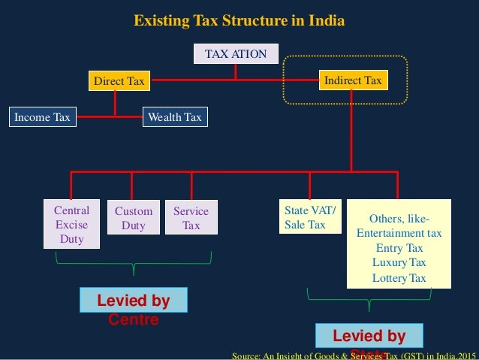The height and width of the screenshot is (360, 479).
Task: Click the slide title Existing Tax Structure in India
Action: point(239,20)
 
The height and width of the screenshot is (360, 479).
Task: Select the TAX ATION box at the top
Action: point(236,54)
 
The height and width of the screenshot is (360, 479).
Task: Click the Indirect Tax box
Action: point(352,80)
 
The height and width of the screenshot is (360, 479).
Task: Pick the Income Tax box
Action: point(44,117)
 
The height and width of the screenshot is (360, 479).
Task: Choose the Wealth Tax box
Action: point(175,117)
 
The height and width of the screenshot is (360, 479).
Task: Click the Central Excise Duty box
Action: point(71,225)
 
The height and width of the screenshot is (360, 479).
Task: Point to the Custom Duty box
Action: point(134,218)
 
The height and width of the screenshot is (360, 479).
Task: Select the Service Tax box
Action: point(191,218)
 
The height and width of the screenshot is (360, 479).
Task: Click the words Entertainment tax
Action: point(399,233)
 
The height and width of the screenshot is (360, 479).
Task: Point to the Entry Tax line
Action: point(399,248)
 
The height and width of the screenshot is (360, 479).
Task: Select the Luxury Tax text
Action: point(399,262)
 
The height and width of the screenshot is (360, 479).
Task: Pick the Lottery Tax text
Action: point(399,278)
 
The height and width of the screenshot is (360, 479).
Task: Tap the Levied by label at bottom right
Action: point(369,336)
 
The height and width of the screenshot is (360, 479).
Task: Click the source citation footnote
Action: point(354,354)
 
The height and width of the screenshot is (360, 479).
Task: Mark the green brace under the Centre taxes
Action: point(134,263)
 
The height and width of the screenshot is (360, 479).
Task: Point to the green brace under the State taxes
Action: point(369,300)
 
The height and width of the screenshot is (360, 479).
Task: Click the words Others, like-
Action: point(399,218)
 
